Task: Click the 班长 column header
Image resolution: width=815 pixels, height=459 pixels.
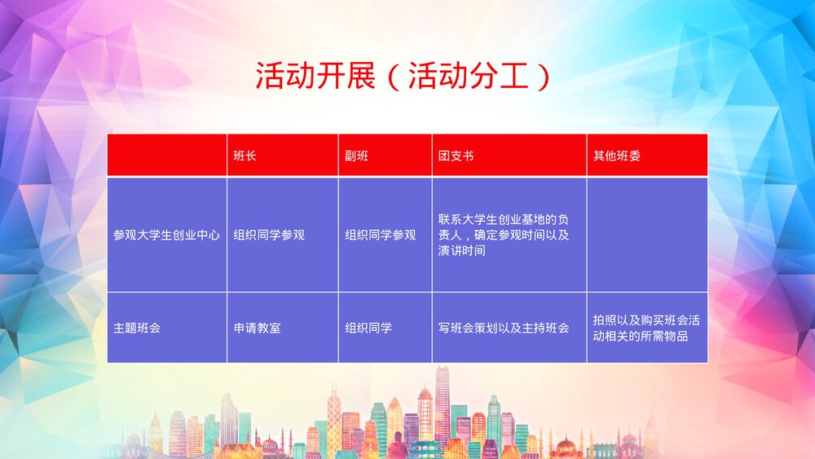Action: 245,156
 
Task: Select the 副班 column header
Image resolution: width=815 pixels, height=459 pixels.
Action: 356,156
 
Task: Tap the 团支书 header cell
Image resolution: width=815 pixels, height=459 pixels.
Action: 456,156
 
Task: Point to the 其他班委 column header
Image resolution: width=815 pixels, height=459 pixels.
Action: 617,156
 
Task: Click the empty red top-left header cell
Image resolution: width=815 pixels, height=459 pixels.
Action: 167,156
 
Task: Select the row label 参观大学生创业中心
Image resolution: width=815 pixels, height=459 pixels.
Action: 167,235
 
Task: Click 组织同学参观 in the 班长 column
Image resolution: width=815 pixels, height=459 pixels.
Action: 269,235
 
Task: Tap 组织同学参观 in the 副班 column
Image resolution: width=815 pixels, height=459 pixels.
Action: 380,235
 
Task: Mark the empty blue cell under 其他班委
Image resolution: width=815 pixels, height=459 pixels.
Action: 647,235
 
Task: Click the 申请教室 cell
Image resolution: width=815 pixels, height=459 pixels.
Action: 257,328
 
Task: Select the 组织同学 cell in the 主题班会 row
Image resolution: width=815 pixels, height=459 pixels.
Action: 368,328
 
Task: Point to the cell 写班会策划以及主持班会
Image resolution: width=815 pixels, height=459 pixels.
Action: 503,328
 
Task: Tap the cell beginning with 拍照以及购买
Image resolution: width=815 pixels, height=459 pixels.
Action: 646,328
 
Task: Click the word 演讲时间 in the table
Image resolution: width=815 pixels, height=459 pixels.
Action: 462,250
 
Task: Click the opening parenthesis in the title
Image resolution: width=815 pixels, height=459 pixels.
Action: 393,77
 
